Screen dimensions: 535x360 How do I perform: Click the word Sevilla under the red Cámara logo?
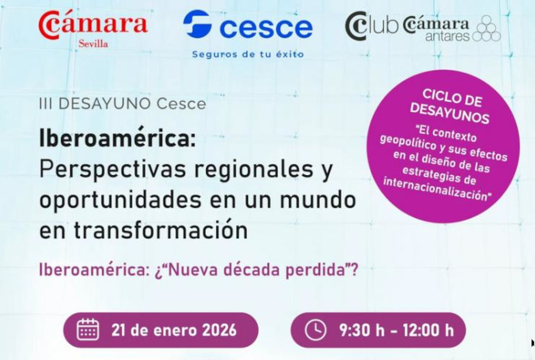coord(93,44)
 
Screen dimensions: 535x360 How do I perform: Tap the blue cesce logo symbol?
coord(198,23)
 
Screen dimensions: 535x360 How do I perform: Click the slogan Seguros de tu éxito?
coord(248,54)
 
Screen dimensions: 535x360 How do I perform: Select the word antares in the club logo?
coord(447,36)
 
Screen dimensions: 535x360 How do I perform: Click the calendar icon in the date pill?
coord(88,329)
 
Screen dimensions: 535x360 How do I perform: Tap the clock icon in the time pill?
coord(316,330)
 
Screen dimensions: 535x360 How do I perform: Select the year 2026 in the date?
coord(219,331)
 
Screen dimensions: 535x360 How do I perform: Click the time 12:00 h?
coord(428,331)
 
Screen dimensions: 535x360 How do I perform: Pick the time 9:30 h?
coord(361,331)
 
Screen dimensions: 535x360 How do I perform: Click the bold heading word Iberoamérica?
coord(118,138)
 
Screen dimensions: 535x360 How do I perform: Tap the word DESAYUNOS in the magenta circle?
coord(450,113)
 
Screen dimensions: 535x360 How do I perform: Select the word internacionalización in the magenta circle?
coord(437,189)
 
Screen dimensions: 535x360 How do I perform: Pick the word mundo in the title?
coord(318,200)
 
